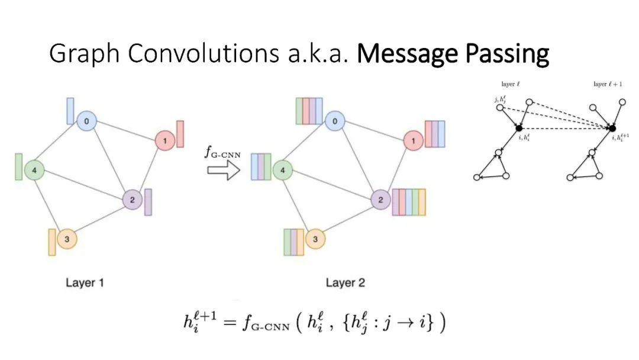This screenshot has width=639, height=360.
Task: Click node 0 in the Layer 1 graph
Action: tap(87, 121)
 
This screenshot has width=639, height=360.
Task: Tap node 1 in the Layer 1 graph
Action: tap(164, 141)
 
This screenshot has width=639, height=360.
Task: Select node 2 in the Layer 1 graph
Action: tap(132, 200)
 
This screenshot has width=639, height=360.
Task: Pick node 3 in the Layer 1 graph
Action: tap(67, 239)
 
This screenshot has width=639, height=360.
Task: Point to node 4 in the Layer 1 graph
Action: tap(34, 171)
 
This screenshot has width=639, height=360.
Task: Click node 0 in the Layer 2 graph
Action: tap(335, 121)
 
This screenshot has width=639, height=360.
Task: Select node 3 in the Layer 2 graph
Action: tap(315, 239)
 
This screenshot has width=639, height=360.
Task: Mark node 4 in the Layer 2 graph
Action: tap(283, 171)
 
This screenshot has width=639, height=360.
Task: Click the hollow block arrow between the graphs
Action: tap(223, 172)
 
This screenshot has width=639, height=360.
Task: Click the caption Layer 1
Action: tap(85, 282)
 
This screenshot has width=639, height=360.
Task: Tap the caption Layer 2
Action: tap(345, 282)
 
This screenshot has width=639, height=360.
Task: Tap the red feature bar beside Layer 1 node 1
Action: tap(180, 134)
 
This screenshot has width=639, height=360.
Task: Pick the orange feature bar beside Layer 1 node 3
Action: tap(52, 242)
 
